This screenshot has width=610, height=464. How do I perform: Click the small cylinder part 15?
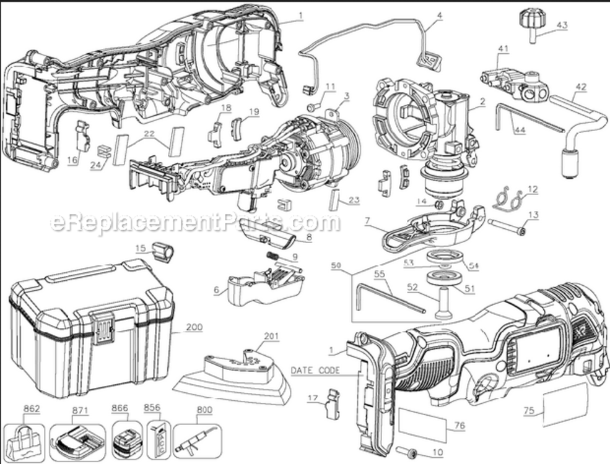click(164, 253)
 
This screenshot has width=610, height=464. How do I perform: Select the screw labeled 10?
click(408, 451)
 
